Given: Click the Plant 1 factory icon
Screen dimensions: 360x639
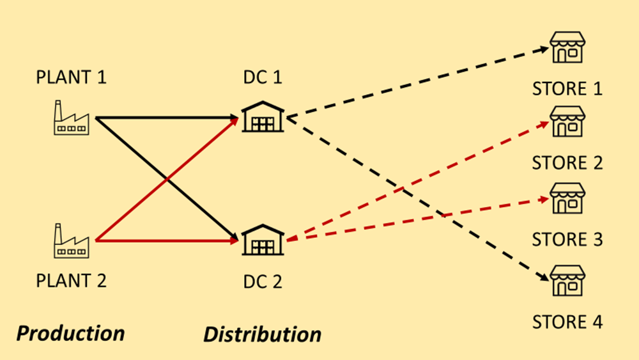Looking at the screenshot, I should coord(70,118).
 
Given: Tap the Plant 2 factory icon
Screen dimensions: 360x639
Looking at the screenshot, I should coord(70,240).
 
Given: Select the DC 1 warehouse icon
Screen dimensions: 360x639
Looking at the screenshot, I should coord(263,117).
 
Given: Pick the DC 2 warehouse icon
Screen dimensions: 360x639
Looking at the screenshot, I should coord(263,240).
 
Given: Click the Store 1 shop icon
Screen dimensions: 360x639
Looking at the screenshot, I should coord(567,48).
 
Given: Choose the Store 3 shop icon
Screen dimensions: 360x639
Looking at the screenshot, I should coord(567,198).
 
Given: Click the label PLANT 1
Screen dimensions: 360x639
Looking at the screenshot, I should coord(71,78).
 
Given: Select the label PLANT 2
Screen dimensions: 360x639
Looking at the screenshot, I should coord(71,281).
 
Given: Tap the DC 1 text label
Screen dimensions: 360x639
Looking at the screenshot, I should coord(263,78).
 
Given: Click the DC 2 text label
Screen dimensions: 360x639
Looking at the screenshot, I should coord(263,281).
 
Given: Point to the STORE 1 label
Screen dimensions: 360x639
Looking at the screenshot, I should coord(567,88).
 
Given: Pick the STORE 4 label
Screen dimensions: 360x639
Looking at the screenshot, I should coord(567,321).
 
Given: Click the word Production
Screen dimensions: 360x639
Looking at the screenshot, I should coord(70,333).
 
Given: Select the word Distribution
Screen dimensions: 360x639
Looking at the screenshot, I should coord(262,334).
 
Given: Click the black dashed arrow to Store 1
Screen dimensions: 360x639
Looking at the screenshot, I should coord(415,82).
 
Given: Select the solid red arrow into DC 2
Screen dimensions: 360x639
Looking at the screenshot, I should coord(166,241).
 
